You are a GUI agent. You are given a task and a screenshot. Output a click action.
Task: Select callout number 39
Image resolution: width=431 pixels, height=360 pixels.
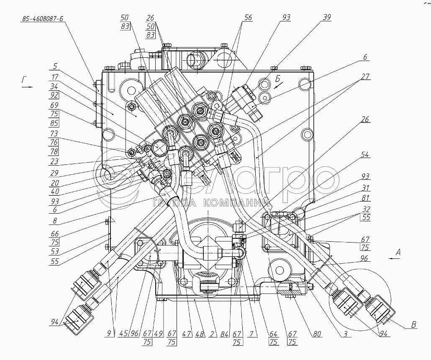coord(326,18)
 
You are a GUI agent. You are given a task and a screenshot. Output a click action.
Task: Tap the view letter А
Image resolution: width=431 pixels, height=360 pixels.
coord(398,252)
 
